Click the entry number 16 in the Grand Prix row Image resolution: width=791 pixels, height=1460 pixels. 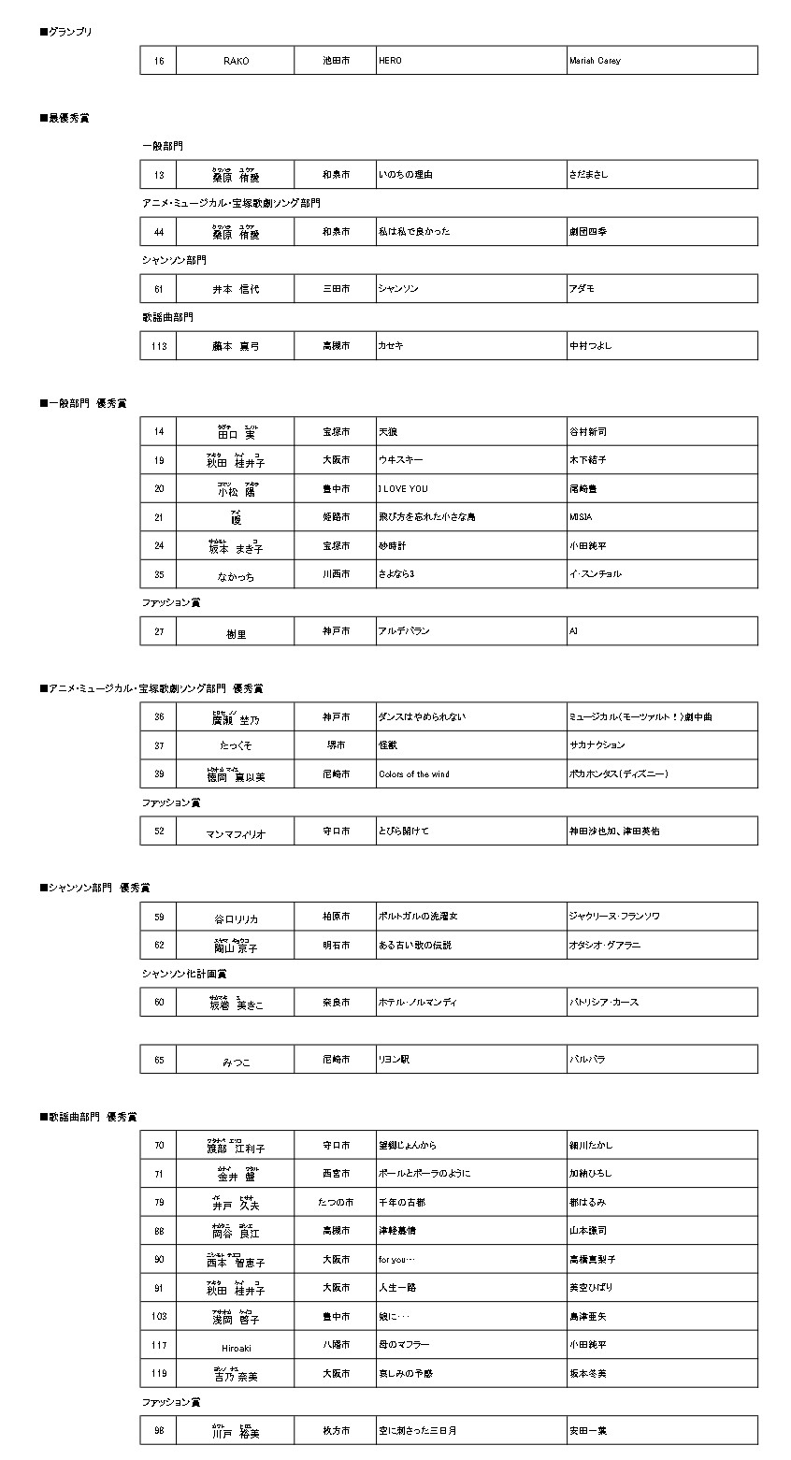point(159,61)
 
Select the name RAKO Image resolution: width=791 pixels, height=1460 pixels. point(236,61)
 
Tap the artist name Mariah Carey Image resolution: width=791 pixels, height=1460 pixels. point(595,61)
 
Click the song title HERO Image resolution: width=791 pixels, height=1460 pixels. point(390,61)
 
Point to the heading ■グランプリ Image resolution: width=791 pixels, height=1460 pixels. point(66,32)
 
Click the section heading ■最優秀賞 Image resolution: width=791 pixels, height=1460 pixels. point(65,118)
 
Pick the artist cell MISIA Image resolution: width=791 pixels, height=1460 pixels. point(581,517)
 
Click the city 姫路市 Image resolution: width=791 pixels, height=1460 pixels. point(336,517)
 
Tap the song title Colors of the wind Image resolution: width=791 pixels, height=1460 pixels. point(414,774)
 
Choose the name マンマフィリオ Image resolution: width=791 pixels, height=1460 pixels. point(236,832)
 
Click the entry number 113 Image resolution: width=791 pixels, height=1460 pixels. point(159,346)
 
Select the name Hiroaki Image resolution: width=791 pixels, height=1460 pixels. point(236,1348)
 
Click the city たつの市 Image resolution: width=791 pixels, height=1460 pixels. point(336,1202)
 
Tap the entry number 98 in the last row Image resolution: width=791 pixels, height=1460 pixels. point(159,1431)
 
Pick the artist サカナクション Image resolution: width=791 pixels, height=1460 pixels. point(597,745)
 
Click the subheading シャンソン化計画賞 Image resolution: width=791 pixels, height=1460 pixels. point(184,974)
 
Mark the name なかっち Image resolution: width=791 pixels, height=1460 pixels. point(236,575)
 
